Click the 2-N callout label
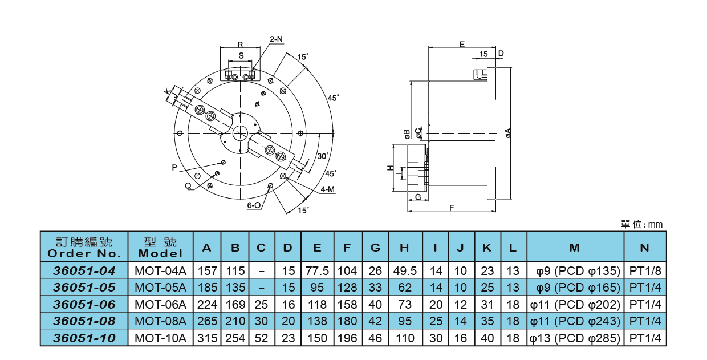pos(276,39)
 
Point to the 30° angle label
pos(323,156)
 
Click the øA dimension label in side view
pos(508,133)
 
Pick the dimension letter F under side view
pos(452,208)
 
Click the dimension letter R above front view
pos(240,45)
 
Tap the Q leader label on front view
pos(188,185)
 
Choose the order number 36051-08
pos(84,321)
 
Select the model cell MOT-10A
pos(161,338)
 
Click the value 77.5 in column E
pos(317,270)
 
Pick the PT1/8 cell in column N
pos(645,270)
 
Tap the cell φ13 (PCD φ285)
pos(575,338)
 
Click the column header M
pos(575,248)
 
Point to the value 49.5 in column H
pos(405,270)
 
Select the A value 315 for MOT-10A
pos(207,338)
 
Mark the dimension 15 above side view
pos(483,54)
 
